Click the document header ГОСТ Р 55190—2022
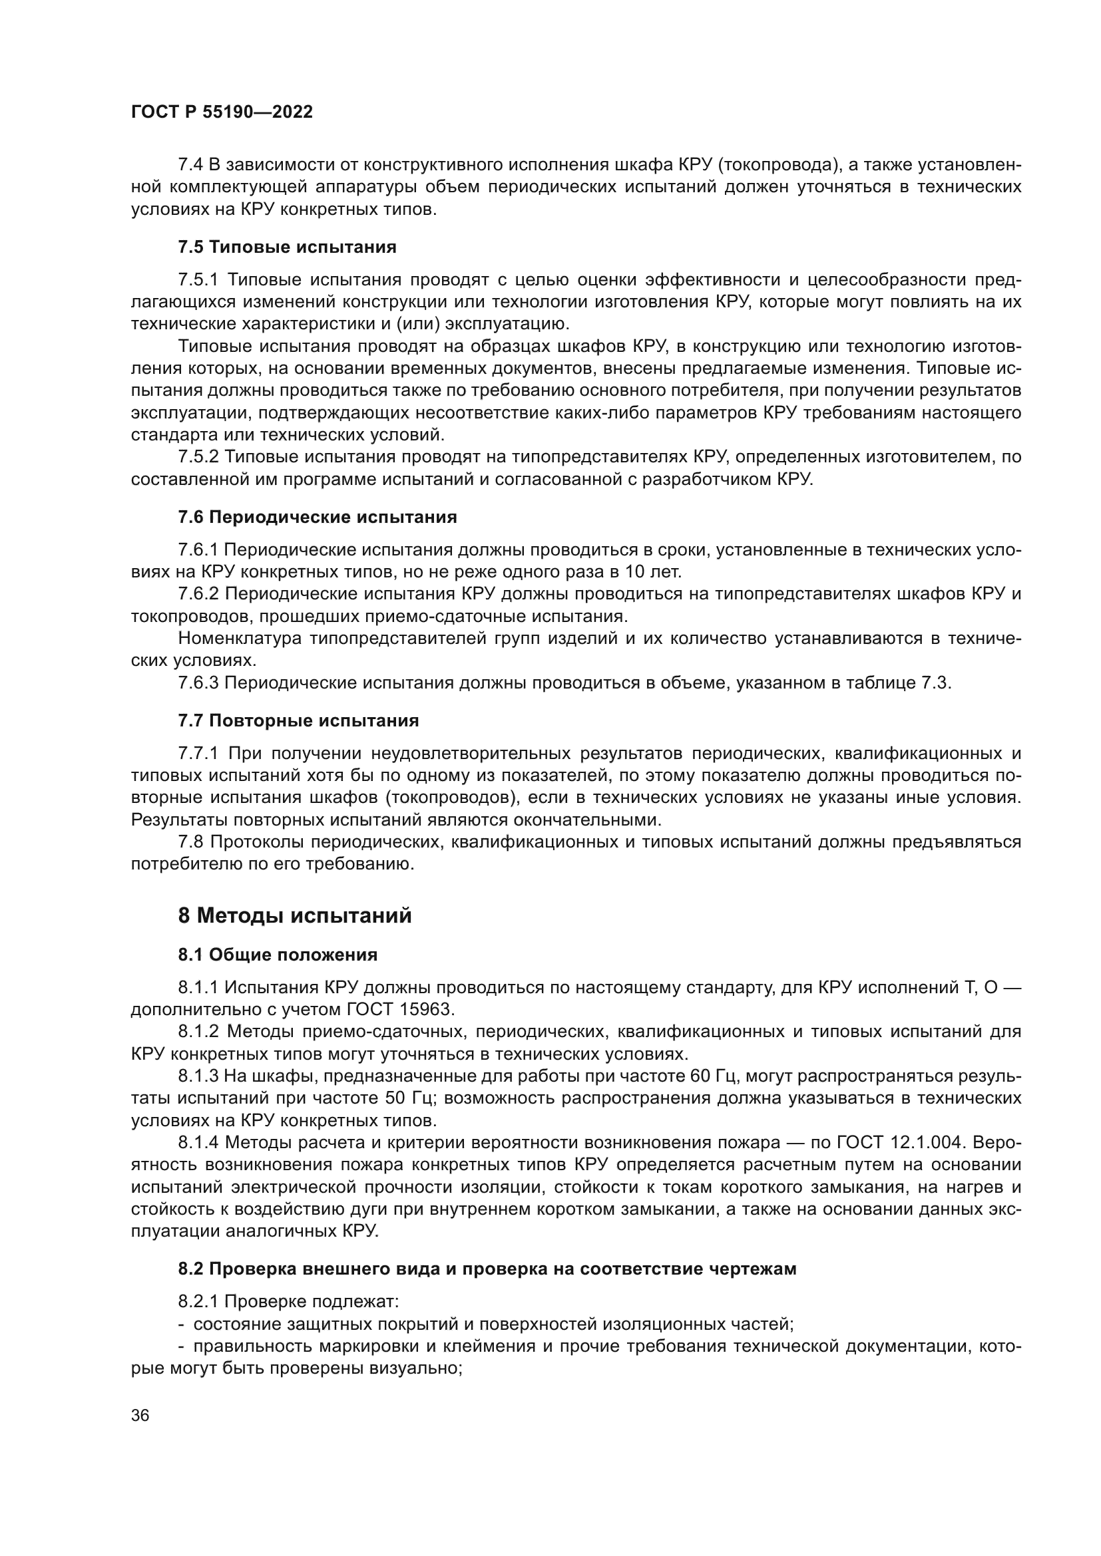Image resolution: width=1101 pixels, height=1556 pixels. [x=222, y=112]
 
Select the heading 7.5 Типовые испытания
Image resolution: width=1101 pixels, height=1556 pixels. [x=287, y=247]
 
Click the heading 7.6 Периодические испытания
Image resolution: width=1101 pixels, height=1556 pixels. [x=318, y=517]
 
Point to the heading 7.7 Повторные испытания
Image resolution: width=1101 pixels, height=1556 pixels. [x=298, y=720]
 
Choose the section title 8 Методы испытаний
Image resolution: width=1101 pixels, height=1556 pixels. [x=295, y=916]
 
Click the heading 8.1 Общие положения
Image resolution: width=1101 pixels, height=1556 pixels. [x=278, y=955]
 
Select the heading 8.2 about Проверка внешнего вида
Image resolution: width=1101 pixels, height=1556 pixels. [x=487, y=1269]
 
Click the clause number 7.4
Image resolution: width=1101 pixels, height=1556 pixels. [x=190, y=165]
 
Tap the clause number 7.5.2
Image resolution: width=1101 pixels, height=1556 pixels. [x=198, y=458]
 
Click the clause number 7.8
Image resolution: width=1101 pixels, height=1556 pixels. [x=190, y=842]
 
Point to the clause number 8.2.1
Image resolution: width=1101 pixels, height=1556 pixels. [x=198, y=1302]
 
